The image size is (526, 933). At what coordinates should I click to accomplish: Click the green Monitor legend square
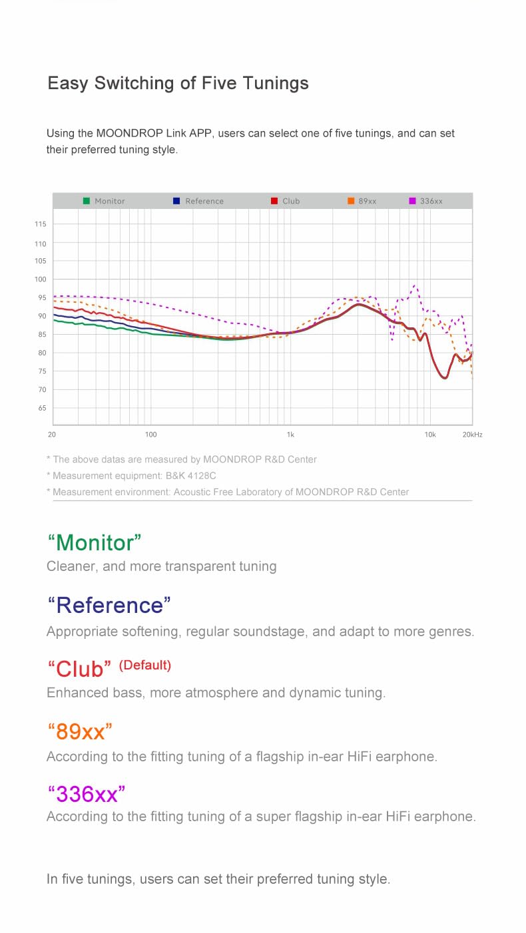[x=87, y=201]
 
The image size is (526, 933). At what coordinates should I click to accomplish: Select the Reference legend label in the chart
[x=204, y=201]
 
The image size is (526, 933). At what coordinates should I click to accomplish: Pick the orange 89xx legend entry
[x=362, y=201]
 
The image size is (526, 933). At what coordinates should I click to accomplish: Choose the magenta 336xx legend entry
[x=426, y=201]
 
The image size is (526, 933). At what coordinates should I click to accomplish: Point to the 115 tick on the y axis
[x=41, y=225]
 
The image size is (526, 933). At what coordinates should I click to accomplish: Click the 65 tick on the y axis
[x=42, y=408]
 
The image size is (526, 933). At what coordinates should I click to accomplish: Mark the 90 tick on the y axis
[x=42, y=316]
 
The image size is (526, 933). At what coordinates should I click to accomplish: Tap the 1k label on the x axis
[x=290, y=435]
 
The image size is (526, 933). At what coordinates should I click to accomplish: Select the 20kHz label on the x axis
[x=471, y=435]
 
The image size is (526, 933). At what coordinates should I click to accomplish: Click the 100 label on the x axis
[x=151, y=435]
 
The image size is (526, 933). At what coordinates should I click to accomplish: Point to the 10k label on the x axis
[x=430, y=435]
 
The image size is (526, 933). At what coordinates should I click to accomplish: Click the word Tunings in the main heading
[x=274, y=84]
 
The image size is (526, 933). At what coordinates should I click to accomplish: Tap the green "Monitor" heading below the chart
[x=95, y=542]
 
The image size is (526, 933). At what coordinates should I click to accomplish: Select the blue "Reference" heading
[x=109, y=605]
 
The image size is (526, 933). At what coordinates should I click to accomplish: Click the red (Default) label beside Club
[x=145, y=665]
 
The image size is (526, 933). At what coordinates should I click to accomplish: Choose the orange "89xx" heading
[x=80, y=731]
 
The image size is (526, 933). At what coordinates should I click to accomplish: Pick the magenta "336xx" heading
[x=87, y=793]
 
